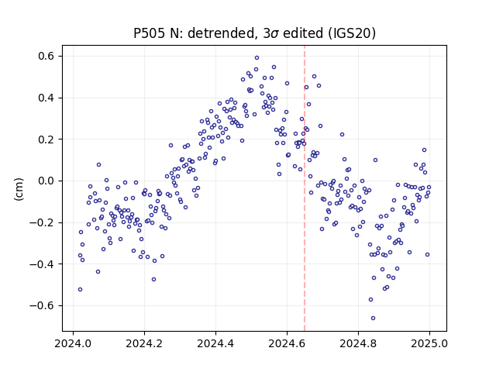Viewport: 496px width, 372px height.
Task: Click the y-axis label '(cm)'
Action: pyautogui.click(x=19, y=189)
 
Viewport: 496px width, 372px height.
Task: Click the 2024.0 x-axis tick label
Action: pyautogui.click(x=73, y=343)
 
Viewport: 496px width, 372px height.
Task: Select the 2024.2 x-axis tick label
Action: pyautogui.click(x=144, y=343)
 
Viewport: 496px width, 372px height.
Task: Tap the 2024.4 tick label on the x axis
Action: pyautogui.click(x=215, y=343)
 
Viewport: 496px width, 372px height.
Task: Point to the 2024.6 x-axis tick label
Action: pyautogui.click(x=287, y=343)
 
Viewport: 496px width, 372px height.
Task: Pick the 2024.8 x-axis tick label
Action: pyautogui.click(x=358, y=343)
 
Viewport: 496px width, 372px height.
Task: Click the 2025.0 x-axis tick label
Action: pyautogui.click(x=429, y=343)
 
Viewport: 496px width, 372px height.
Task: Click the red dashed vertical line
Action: pyautogui.click(x=305, y=188)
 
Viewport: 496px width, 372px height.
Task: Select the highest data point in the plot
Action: pyautogui.click(x=257, y=58)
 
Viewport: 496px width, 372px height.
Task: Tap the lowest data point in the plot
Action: pyautogui.click(x=374, y=319)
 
